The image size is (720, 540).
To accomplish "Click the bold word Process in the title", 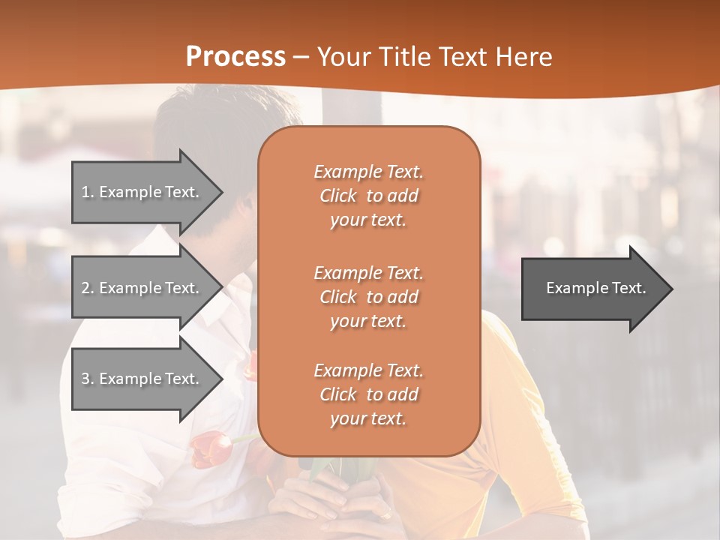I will [235, 57].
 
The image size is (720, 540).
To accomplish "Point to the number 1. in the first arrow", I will [88, 192].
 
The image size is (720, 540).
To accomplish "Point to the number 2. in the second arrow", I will [88, 288].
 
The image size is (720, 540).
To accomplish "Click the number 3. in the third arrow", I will [88, 379].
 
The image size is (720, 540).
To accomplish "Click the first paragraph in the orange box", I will [368, 196].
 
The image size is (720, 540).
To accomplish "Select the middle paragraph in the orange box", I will [368, 297].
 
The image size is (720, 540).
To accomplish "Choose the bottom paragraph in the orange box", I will [368, 394].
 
